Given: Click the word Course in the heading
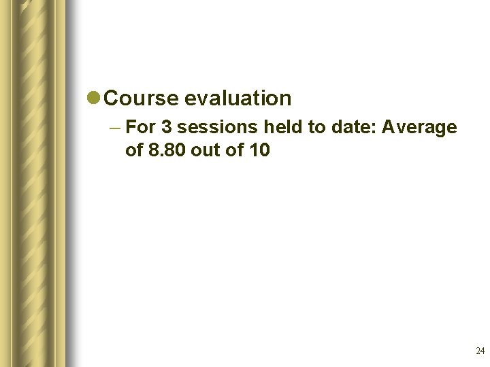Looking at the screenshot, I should pos(142,99).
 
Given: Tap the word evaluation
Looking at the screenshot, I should pos(238,99).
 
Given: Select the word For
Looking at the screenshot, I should pos(141,127).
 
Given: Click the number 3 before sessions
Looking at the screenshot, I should pos(166,127).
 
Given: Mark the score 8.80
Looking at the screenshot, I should pos(167,150).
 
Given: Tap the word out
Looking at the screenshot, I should pos(206,150).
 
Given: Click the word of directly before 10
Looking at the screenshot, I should pos(235,150).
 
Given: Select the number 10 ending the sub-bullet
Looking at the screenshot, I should pos(259,150).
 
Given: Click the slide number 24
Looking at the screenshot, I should pos(480,351).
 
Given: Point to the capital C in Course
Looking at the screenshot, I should pos(113,99).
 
